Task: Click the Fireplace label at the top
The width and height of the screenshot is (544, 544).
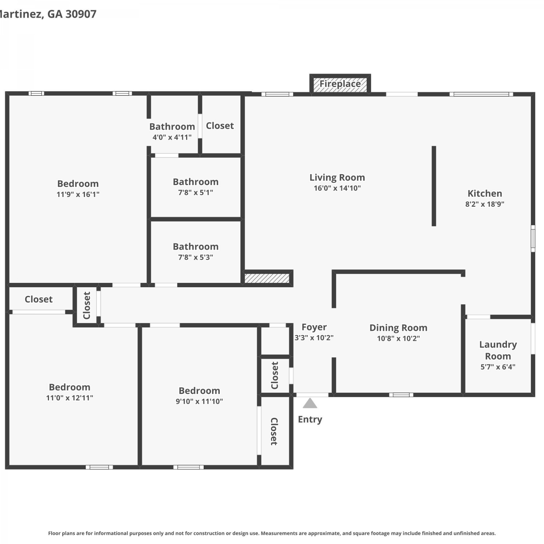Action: tap(340, 84)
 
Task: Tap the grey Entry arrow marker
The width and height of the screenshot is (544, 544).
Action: tap(310, 403)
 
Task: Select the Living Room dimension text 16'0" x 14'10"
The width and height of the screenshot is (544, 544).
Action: tap(337, 188)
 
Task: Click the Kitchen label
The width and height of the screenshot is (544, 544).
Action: tap(485, 193)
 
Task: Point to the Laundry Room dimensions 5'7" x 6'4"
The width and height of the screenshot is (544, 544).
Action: tap(498, 367)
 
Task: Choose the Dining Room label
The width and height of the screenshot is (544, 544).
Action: tap(398, 328)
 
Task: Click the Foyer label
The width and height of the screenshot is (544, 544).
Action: tap(314, 327)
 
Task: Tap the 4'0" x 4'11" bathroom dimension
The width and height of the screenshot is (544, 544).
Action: tap(172, 137)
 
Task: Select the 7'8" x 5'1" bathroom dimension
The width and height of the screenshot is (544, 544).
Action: tap(195, 193)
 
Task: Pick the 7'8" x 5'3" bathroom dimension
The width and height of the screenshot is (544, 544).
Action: tap(195, 257)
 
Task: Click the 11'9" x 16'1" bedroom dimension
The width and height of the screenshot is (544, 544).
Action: tap(78, 194)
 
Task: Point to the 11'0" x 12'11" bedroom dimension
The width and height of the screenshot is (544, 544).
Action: tap(69, 398)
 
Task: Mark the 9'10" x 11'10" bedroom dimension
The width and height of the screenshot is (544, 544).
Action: tap(199, 401)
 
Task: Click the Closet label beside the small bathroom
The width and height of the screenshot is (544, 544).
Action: tap(220, 126)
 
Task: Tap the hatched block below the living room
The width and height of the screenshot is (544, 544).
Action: tap(267, 278)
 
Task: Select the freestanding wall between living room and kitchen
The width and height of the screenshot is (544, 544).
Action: tap(434, 186)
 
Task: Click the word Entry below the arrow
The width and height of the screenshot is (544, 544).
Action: tap(310, 420)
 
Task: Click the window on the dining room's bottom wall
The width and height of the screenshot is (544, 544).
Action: tap(401, 395)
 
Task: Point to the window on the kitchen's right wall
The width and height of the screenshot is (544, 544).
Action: tap(533, 238)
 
